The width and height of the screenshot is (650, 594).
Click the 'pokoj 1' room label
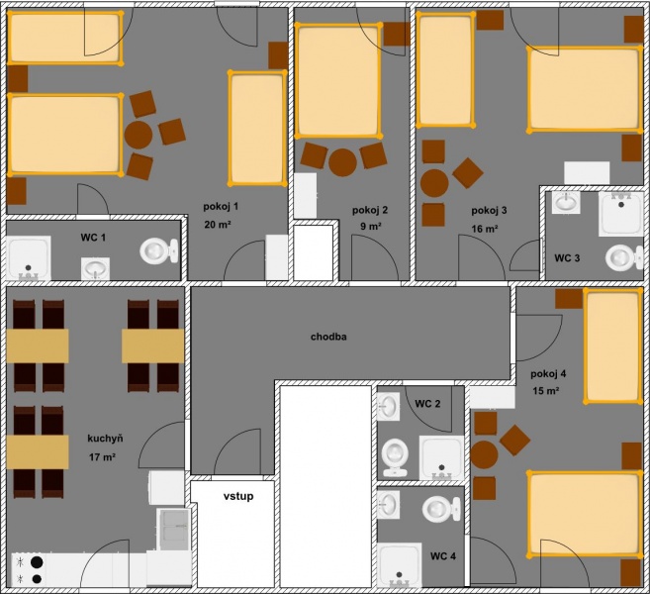click(x=221, y=207)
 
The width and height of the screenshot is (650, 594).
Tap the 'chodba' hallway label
click(x=328, y=337)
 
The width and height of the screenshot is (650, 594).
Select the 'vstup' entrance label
click(x=238, y=497)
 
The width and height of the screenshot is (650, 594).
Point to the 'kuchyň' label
click(x=105, y=439)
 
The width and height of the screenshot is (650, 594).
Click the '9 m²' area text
click(x=371, y=227)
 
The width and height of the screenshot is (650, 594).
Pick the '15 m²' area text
click(x=546, y=391)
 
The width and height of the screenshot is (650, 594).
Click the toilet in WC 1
click(x=159, y=250)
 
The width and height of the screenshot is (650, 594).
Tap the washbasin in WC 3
click(x=566, y=202)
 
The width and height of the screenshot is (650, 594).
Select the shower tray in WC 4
click(x=399, y=564)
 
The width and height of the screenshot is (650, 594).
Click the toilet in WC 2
click(x=395, y=457)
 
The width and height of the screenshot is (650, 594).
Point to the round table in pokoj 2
click(x=343, y=162)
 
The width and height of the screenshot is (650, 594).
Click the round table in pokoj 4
click(x=484, y=455)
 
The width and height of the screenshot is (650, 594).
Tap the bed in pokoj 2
click(x=338, y=80)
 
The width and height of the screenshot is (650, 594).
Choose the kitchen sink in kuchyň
click(x=174, y=530)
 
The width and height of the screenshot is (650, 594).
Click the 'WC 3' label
click(x=567, y=258)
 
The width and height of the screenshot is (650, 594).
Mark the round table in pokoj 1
click(x=139, y=136)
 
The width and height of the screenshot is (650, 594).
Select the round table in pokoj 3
click(x=434, y=183)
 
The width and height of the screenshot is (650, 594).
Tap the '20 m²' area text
click(x=218, y=225)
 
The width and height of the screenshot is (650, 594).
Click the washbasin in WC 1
click(x=95, y=269)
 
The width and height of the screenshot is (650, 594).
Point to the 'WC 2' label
click(x=427, y=404)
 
